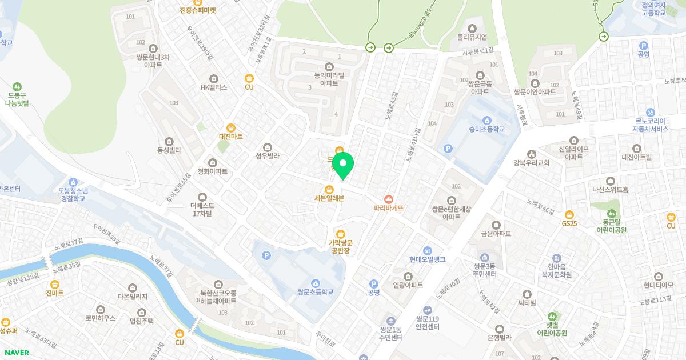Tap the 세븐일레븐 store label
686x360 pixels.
point(329,198)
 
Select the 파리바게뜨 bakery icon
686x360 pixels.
point(389,199)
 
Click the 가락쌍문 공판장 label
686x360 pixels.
point(340,246)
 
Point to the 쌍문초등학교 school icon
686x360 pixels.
point(315,283)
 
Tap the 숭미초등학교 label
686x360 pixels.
point(486,129)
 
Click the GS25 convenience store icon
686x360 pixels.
point(569,214)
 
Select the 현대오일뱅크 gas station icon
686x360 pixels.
point(427,251)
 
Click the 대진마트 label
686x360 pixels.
point(231,137)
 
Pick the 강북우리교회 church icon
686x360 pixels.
point(532,154)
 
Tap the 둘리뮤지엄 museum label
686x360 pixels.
point(472,37)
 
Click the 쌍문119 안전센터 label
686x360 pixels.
point(427,323)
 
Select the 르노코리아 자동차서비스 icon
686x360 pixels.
point(651,113)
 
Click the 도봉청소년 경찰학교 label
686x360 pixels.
point(72,194)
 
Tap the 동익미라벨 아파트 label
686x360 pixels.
point(329,79)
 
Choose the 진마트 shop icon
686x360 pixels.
point(55,284)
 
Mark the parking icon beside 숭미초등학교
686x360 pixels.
point(448,149)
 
